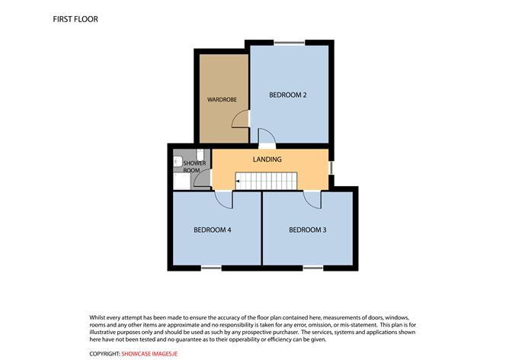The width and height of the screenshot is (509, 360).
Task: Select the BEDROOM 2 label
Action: tap(288, 95)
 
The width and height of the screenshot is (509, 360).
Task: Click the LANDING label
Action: tap(267, 159)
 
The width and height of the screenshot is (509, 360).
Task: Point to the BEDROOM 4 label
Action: tap(213, 230)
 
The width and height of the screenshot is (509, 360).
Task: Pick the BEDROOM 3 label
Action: tap(308, 230)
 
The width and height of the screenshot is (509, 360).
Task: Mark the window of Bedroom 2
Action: tap(287, 41)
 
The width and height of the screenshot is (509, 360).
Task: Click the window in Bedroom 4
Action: tap(211, 267)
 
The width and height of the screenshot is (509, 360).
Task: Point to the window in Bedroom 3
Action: tap(312, 267)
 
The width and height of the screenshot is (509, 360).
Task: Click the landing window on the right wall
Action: tap(331, 167)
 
